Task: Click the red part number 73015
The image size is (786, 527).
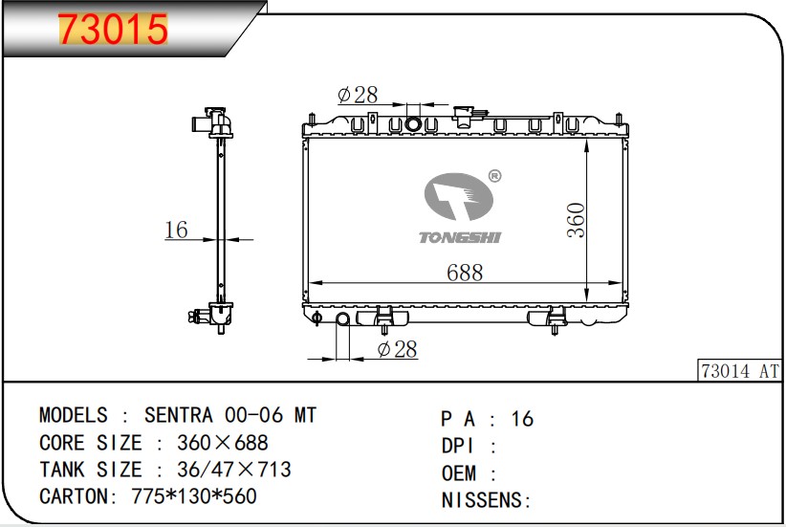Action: coord(113,29)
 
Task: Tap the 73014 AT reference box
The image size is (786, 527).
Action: coord(740,370)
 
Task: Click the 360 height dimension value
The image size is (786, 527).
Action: coord(576,220)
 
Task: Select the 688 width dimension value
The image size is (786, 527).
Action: coord(465,273)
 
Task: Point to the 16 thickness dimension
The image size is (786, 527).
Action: coord(176,230)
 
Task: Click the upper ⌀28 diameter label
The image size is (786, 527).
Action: coord(358,95)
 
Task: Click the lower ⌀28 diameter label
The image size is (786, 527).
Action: coord(397,349)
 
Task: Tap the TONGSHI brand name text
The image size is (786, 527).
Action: coord(460,237)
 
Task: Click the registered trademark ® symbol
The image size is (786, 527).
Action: coord(494,176)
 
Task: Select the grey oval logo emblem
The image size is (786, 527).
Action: coord(459,197)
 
